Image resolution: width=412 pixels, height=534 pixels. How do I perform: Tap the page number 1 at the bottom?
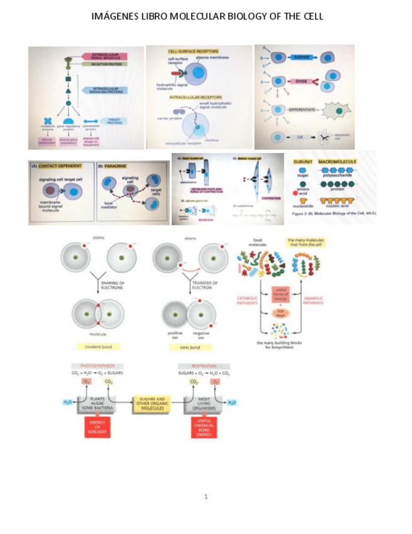206,496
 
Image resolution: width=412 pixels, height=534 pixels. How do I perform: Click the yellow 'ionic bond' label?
190,347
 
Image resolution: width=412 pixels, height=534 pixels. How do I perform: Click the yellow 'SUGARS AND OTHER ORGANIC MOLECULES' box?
151,404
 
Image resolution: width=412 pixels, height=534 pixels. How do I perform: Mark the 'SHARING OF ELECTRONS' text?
114,285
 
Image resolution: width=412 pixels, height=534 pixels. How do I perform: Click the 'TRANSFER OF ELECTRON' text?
205,285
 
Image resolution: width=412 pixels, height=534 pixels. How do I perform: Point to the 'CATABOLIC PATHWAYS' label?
248,300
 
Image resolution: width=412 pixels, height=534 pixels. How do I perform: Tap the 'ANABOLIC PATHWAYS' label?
313,300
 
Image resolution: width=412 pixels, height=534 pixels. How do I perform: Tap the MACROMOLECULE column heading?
338,162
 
